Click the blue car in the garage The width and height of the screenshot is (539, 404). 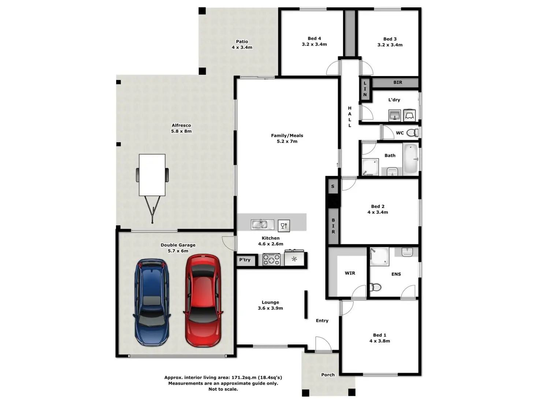click(152, 302)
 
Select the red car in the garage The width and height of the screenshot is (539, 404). click(203, 300)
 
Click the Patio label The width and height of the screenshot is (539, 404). click(242, 42)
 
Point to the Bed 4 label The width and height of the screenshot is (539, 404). click(314, 38)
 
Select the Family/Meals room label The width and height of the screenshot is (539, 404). click(287, 135)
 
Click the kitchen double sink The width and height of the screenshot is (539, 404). click(263, 224)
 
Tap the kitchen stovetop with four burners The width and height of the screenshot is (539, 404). click(271, 259)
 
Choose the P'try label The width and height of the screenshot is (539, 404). click(245, 260)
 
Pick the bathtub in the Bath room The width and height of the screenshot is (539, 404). click(411, 159)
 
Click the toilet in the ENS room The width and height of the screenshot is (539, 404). click(375, 287)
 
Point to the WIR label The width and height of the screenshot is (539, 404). click(350, 273)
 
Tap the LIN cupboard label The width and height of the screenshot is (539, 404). click(365, 89)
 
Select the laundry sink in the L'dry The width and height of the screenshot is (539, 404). click(395, 116)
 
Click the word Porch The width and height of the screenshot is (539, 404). click(328, 375)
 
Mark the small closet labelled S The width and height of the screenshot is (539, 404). click(333, 186)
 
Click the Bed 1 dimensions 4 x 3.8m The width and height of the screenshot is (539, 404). click(380, 341)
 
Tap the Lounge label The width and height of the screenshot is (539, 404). click(270, 303)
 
